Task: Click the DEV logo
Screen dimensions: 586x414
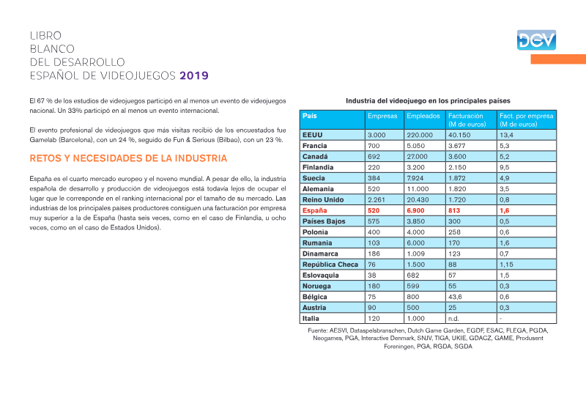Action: coord(536,40)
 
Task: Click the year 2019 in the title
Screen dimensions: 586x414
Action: coord(194,75)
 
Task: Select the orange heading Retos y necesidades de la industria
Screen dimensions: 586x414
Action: coord(128,158)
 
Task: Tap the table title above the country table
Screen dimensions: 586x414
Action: coord(428,100)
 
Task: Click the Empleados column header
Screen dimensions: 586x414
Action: coord(423,116)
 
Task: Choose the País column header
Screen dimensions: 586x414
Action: coord(309,116)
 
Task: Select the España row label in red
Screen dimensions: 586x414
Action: coord(315,210)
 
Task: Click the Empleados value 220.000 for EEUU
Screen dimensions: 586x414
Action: coord(420,135)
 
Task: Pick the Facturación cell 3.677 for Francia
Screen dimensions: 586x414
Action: coord(457,146)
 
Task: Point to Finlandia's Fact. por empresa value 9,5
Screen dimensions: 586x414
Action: coord(505,168)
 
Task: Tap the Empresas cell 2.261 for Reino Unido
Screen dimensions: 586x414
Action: coord(377,200)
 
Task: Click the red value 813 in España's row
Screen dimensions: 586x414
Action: coord(454,210)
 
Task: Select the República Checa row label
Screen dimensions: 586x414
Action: coord(330,265)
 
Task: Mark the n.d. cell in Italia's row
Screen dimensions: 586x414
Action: coord(453,319)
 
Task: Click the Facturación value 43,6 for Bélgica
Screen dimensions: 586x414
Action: coord(455,297)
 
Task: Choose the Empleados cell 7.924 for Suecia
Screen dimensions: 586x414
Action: coord(415,178)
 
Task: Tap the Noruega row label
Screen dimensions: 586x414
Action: coord(316,286)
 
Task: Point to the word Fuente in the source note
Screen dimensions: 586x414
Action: coord(318,330)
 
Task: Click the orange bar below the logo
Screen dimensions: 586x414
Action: coord(558,59)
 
